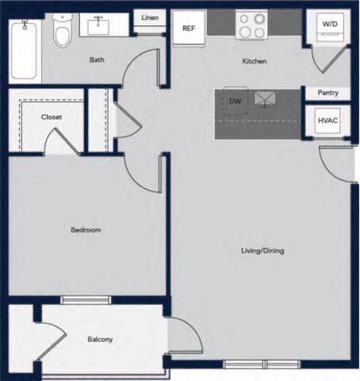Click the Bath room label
[97, 60]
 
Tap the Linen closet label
[149, 17]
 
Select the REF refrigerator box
[189, 29]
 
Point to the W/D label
[328, 23]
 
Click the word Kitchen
[254, 61]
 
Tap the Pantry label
[327, 93]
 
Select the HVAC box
[327, 121]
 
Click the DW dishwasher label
[235, 101]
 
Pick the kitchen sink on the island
[263, 98]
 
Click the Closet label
[52, 117]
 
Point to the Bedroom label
[86, 230]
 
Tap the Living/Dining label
[262, 251]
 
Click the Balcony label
[100, 340]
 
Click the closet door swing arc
[59, 142]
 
